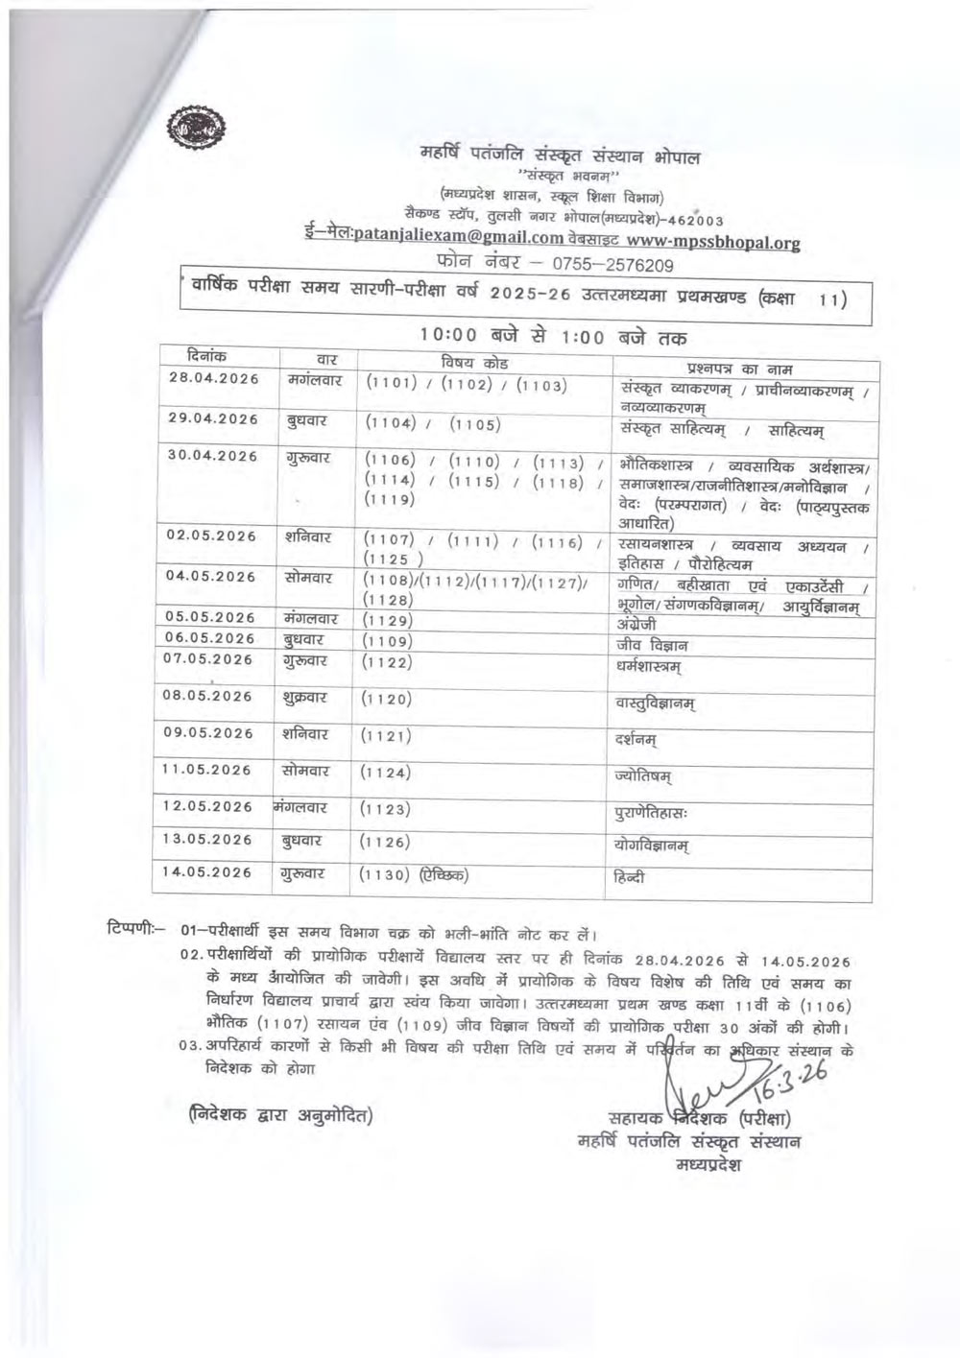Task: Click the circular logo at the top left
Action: tap(193, 128)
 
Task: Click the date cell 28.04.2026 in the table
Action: tap(213, 378)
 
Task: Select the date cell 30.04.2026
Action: tap(212, 456)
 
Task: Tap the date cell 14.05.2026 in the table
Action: tap(206, 872)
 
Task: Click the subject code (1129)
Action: tap(388, 621)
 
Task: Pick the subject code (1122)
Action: tap(387, 662)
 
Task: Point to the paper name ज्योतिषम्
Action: tap(643, 775)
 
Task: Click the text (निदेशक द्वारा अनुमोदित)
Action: tap(280, 1115)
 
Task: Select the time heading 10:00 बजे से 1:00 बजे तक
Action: tap(552, 337)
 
